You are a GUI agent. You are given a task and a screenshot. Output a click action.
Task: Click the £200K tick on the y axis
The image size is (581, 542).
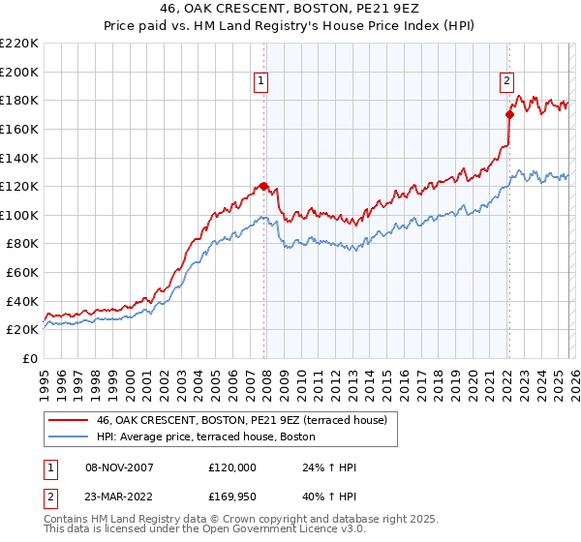(x=19, y=72)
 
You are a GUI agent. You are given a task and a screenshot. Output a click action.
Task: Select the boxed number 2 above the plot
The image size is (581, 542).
(x=506, y=82)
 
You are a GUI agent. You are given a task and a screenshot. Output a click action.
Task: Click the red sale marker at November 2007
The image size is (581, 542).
(x=263, y=186)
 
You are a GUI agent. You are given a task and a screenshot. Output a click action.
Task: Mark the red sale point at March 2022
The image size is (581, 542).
(x=509, y=114)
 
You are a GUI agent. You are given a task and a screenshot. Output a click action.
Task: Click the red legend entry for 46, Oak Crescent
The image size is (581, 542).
(x=242, y=419)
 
